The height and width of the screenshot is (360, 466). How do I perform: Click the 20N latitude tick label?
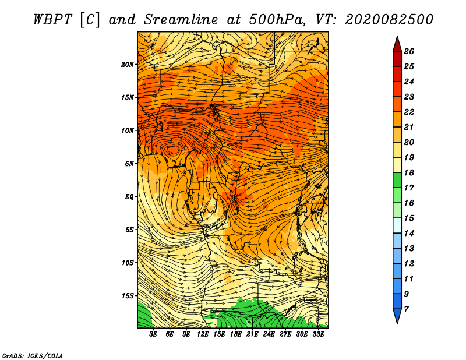[128, 65]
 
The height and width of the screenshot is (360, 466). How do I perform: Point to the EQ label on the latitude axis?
[129, 197]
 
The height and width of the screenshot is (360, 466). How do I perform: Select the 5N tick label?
[129, 164]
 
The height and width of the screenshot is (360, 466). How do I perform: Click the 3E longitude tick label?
[153, 334]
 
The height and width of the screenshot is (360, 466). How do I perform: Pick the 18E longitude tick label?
[236, 334]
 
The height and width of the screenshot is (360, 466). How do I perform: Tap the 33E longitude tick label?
[318, 334]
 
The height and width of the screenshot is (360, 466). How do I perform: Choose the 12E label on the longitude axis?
[203, 334]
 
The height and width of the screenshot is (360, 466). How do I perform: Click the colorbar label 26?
[409, 51]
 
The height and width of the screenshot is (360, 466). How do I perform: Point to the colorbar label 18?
[409, 172]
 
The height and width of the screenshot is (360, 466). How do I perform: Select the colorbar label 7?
[406, 309]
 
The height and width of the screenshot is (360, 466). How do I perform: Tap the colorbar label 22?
[409, 112]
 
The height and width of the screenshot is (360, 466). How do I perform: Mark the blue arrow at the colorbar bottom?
[397, 315]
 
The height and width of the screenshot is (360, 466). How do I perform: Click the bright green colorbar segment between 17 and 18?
[397, 180]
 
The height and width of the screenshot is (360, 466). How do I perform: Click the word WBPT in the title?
[52, 20]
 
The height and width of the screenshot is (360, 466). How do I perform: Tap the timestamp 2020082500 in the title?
[389, 20]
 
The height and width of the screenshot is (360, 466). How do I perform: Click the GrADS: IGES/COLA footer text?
[33, 355]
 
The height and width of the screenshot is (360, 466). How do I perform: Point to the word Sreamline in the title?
[181, 20]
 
